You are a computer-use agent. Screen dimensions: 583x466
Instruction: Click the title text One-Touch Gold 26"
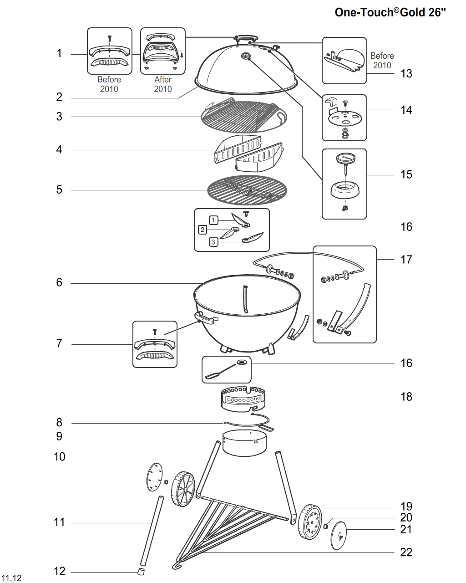(x=390, y=12)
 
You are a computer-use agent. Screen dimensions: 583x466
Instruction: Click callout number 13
(x=406, y=73)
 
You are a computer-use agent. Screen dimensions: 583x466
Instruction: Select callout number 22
(x=406, y=552)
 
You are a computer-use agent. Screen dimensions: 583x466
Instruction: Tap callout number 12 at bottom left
(x=60, y=571)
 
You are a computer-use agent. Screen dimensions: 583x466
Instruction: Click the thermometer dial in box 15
(x=344, y=159)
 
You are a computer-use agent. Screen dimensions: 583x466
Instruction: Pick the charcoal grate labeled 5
(x=248, y=190)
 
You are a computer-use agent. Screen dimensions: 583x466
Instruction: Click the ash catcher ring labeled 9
(x=244, y=443)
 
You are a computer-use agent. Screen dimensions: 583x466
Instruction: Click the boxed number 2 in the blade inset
(x=203, y=230)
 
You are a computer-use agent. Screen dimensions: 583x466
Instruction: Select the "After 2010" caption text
(x=162, y=84)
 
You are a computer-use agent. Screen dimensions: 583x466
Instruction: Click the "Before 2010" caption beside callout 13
(x=382, y=61)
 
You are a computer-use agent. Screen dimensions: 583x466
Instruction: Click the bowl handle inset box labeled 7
(x=155, y=344)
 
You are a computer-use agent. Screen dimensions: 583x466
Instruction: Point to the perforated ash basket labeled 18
(x=243, y=396)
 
